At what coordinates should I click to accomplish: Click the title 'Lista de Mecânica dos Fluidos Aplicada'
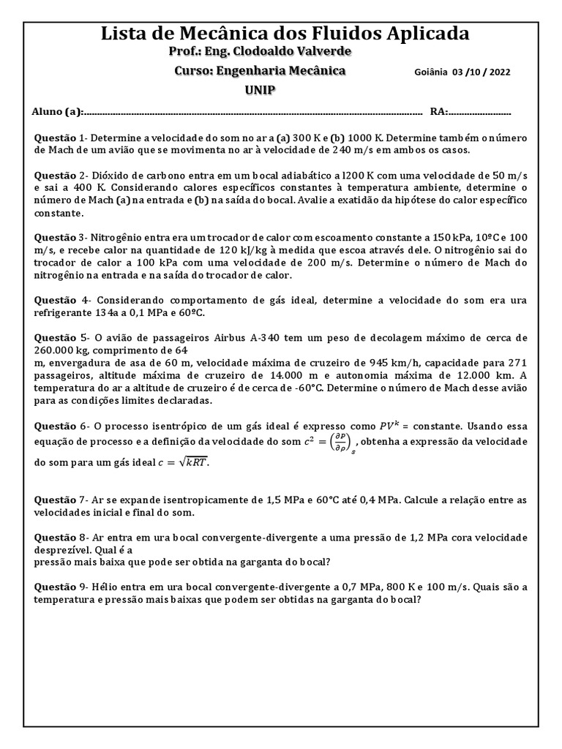coord(285,34)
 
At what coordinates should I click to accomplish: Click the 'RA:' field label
coord(439,112)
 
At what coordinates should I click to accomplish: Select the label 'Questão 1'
coord(61,138)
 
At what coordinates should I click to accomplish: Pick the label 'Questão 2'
coord(61,176)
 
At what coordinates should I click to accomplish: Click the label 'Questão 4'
coord(61,300)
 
